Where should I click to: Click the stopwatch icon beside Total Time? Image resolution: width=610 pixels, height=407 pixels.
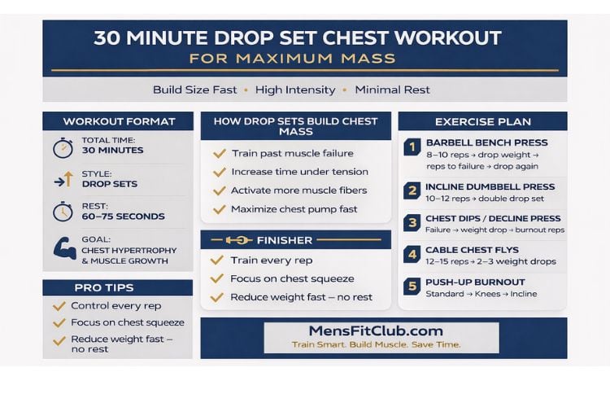point(63,148)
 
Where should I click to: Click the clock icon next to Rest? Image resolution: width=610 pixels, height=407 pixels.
point(63,212)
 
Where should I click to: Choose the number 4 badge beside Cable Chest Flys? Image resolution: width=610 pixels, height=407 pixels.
point(412,256)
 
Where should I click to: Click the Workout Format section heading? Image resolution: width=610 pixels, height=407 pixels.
point(119,121)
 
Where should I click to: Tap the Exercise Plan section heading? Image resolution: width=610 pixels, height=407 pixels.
point(482,122)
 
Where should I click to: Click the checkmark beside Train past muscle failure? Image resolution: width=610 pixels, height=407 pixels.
point(219,153)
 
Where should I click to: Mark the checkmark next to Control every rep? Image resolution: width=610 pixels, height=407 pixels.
point(59,306)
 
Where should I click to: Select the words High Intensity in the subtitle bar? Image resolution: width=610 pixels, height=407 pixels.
point(295,90)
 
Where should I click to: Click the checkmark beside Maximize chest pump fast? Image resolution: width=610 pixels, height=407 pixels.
point(219,209)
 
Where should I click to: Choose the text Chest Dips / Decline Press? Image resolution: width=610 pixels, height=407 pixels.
point(493,218)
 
